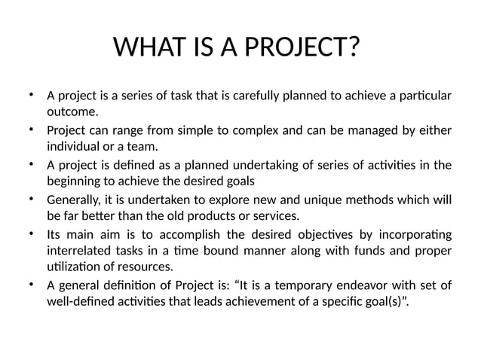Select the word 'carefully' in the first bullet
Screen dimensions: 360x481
click(248, 96)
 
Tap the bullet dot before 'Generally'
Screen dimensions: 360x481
click(31, 199)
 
